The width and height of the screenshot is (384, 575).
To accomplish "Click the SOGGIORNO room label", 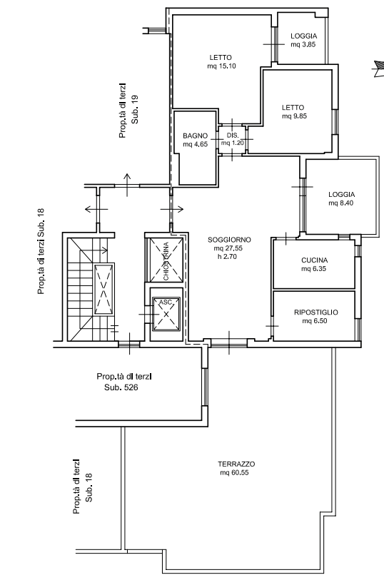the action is [229, 240].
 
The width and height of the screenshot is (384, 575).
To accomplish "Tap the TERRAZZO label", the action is [236, 464].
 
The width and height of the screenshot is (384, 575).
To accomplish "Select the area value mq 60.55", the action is [234, 473].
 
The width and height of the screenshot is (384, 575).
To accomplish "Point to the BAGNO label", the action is [195, 136].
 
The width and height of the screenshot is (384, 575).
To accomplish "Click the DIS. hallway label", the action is [233, 136].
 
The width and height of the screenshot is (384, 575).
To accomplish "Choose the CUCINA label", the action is [314, 260].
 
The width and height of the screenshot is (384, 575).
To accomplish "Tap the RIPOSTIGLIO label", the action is [315, 312].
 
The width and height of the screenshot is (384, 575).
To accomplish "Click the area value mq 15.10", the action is [221, 66].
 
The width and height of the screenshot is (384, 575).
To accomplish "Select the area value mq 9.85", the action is [294, 116].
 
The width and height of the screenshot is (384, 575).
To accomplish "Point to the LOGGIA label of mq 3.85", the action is [303, 36].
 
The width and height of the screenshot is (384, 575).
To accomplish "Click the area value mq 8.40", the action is [340, 203].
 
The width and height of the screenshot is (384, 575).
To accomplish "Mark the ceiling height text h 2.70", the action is [227, 257].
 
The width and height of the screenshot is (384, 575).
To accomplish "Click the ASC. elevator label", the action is [166, 302].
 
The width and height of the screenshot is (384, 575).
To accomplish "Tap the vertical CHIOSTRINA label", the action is [166, 261].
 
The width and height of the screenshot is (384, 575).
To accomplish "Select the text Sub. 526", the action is [121, 387].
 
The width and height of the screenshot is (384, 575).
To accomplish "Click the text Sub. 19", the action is [135, 109].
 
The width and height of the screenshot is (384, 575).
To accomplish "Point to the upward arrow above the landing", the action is [127, 185].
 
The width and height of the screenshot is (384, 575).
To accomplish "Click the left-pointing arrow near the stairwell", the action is [96, 210].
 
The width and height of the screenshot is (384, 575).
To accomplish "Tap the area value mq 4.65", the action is [195, 145].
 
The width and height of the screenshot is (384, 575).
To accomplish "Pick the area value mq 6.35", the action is [313, 269].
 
